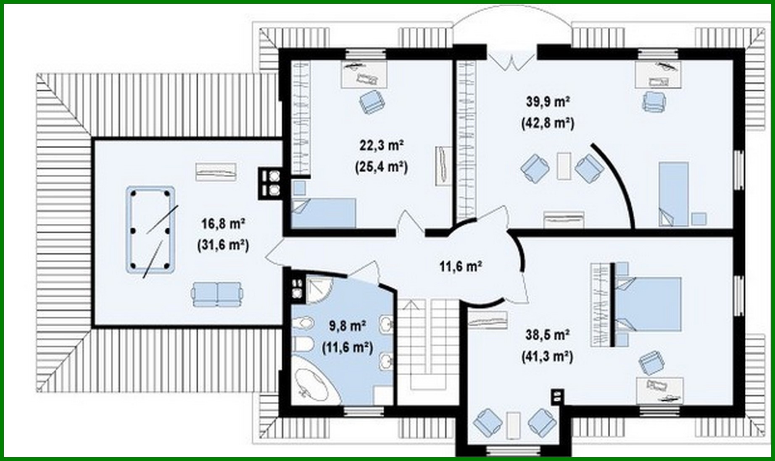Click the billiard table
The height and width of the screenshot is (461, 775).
point(150,230)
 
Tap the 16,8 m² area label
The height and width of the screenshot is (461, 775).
point(223,223)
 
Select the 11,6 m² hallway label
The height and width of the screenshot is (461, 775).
point(461,266)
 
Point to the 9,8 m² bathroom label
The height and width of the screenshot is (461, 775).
point(347,325)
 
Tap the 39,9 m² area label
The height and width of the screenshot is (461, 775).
point(548,102)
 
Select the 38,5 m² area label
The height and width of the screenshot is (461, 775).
point(548,335)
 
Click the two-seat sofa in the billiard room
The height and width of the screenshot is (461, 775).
point(217,294)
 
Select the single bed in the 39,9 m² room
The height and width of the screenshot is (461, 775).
point(673,193)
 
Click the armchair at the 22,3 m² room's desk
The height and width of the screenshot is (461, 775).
point(372,102)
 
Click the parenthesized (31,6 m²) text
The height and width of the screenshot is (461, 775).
point(223,245)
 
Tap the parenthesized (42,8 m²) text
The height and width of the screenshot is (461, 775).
point(548,123)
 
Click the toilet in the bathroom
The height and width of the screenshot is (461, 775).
point(303,323)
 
